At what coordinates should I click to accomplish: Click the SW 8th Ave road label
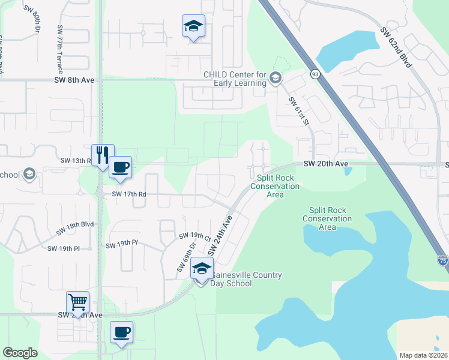pyautogui.click(x=74, y=79)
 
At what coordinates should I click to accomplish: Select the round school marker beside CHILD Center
pyautogui.click(x=275, y=77)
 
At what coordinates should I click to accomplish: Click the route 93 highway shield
pyautogui.click(x=315, y=74)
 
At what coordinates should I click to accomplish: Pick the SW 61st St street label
pyautogui.click(x=298, y=112)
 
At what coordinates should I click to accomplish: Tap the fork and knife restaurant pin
pyautogui.click(x=100, y=155)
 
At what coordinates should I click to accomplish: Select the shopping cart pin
pyautogui.click(x=78, y=301)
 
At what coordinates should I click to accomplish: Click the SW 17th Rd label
pyautogui.click(x=125, y=194)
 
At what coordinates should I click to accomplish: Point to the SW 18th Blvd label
pyautogui.click(x=76, y=228)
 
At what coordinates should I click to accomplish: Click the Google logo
pyautogui.click(x=20, y=353)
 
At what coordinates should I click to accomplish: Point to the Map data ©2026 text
pyautogui.click(x=423, y=355)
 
